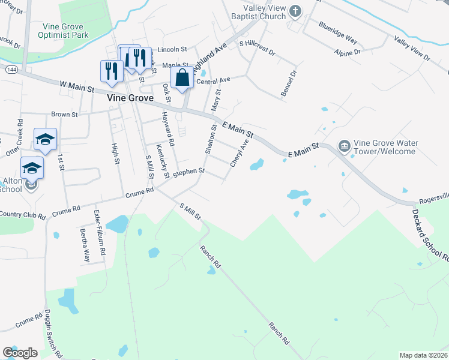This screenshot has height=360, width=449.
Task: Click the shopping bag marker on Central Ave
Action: (182, 78)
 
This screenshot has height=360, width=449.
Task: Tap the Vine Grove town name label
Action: (130, 97)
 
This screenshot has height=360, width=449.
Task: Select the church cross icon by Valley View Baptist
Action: (295, 10)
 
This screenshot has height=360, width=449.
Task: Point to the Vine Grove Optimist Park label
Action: (66, 31)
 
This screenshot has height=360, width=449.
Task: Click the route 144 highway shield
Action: (10, 70)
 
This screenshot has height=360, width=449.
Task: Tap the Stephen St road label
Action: (189, 172)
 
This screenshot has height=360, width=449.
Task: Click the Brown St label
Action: (65, 114)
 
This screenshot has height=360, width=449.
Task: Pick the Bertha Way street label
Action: (86, 245)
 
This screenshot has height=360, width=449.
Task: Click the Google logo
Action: (20, 353)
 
